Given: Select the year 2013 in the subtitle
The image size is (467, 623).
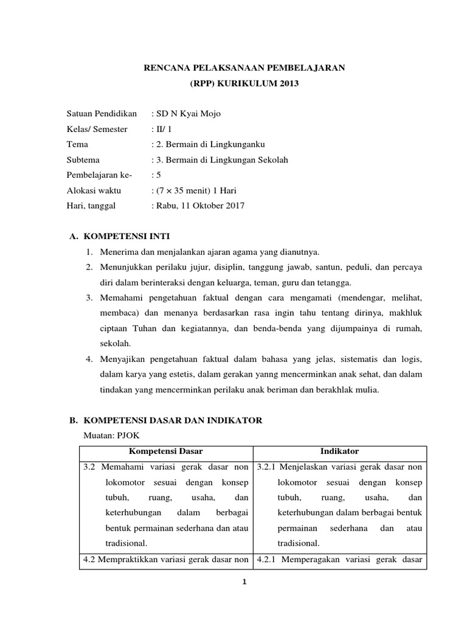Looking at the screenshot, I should (288, 83).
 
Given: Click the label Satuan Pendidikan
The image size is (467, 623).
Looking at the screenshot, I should (102, 114).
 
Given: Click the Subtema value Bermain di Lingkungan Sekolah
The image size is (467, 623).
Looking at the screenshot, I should (222, 160).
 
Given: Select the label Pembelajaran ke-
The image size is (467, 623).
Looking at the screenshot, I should (99, 175).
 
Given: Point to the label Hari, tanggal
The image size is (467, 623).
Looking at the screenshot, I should (91, 206).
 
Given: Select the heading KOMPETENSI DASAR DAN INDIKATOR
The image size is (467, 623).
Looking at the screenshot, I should (172, 420).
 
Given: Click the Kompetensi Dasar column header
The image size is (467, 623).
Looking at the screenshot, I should (165, 451).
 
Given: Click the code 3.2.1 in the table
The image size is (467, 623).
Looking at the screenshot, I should (266, 467).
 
